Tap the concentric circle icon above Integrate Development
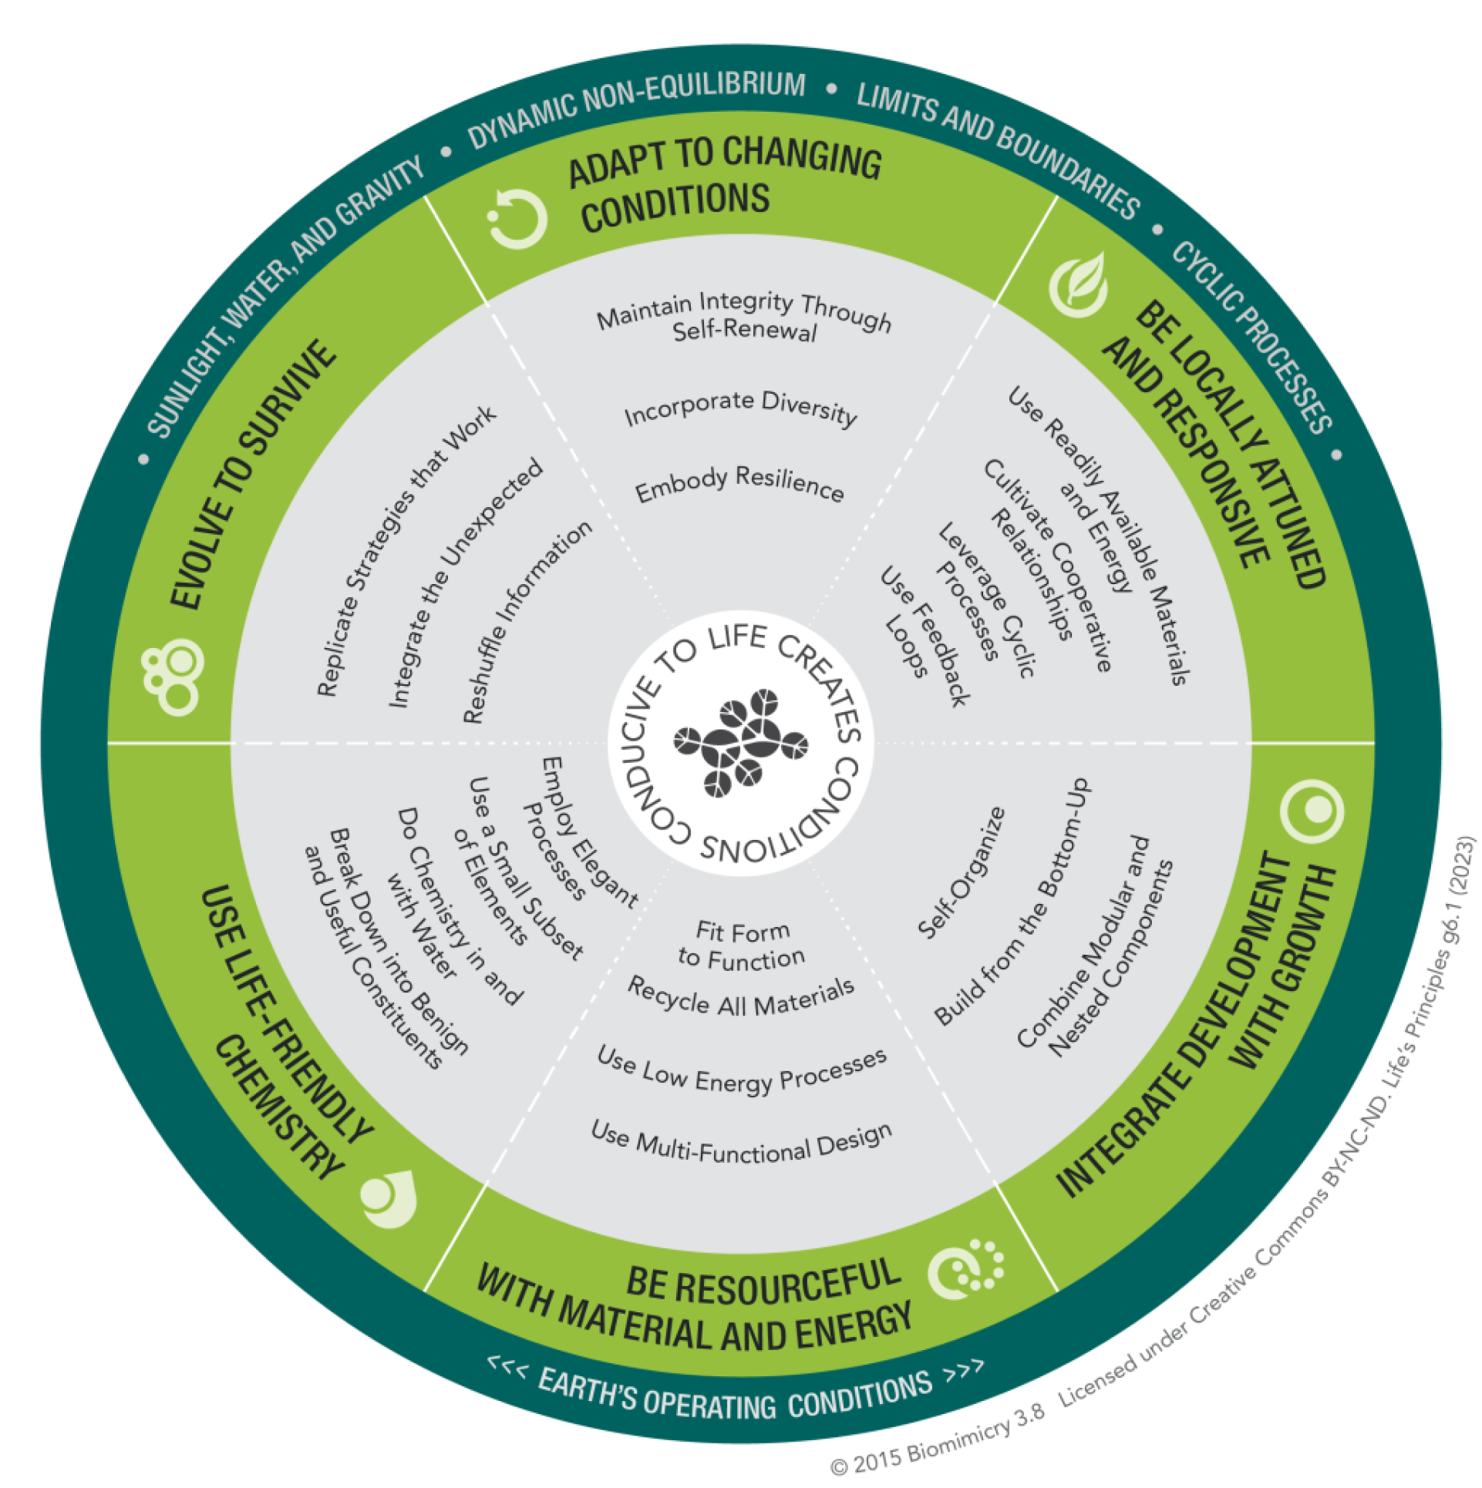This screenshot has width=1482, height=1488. pyautogui.click(x=1312, y=811)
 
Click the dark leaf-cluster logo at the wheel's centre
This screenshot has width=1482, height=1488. pyautogui.click(x=740, y=743)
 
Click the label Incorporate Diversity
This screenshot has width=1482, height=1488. pyautogui.click(x=740, y=408)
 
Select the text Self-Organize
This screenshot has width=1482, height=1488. pyautogui.click(x=962, y=873)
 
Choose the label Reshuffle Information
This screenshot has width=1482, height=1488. pyautogui.click(x=527, y=623)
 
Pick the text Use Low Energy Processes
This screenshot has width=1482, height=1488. pyautogui.click(x=741, y=1070)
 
